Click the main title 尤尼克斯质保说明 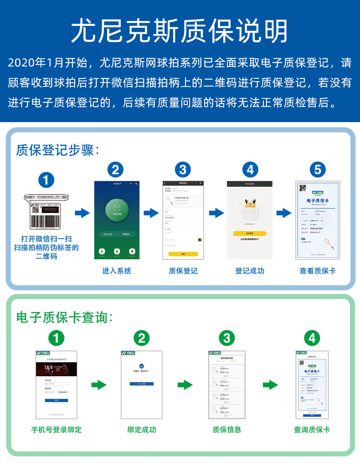(180, 31)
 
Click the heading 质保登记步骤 (57, 150)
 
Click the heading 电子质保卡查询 (64, 317)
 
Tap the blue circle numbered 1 (46, 179)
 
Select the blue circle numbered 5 (317, 170)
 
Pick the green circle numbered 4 (312, 338)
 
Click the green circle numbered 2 (142, 338)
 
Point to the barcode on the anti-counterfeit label (46, 221)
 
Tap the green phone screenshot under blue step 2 (115, 220)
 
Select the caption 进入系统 (116, 271)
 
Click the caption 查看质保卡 (317, 271)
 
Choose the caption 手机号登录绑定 (57, 430)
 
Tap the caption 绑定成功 (142, 430)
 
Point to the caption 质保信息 (227, 430)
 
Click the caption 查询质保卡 (312, 430)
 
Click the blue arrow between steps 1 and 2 (82, 213)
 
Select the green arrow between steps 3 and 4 (270, 385)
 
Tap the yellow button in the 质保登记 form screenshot (182, 253)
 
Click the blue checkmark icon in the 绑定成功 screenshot (142, 366)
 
